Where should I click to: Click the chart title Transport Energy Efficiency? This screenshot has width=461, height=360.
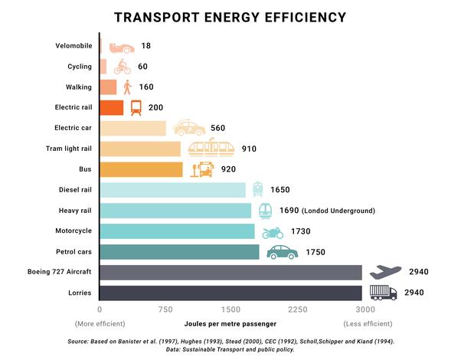(230, 18)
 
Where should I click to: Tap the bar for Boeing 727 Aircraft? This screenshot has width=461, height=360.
(230, 272)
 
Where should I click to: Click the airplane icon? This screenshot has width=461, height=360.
(385, 271)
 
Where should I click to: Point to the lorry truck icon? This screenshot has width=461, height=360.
(384, 292)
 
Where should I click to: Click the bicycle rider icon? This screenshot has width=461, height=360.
(121, 67)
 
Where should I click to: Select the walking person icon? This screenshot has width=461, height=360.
(127, 87)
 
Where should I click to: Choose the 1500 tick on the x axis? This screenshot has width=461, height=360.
(230, 309)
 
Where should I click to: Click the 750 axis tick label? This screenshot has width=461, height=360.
(164, 309)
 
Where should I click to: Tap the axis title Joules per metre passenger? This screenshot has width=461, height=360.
(230, 323)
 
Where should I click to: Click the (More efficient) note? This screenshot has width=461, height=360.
(100, 323)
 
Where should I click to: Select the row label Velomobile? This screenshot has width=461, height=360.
(74, 47)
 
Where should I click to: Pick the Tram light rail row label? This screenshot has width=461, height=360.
(69, 149)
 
